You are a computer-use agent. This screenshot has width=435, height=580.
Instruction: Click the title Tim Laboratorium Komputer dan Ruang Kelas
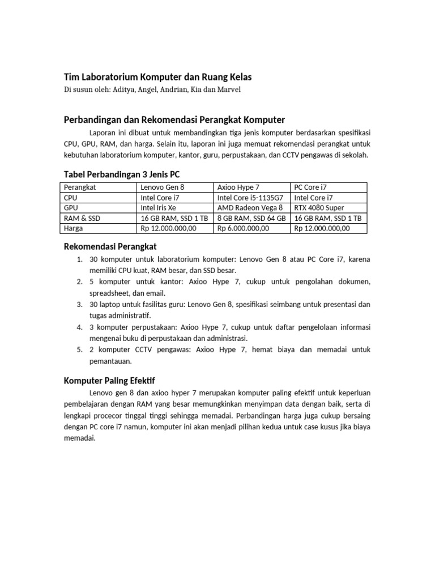[x=157, y=77]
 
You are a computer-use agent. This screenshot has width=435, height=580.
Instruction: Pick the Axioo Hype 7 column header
[x=238, y=187]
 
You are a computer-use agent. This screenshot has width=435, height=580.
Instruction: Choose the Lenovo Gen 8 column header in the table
[x=162, y=187]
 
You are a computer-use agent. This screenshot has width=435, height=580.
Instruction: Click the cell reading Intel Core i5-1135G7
[x=250, y=198]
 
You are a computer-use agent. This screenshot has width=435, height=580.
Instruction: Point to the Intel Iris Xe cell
[x=158, y=208]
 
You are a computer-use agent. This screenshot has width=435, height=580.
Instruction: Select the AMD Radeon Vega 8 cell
[x=250, y=208]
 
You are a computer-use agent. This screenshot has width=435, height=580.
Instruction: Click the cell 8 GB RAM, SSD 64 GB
[x=251, y=218]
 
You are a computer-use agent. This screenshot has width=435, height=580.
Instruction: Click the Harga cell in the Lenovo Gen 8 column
[x=168, y=228]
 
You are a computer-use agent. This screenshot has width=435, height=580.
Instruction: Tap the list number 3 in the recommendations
[x=79, y=304]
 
